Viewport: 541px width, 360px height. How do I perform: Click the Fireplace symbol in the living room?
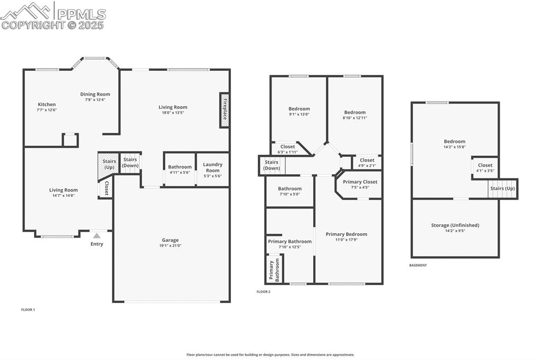tap(225, 110)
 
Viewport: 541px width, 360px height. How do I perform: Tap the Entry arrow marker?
tap(97, 236)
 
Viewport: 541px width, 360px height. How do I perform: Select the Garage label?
tap(170, 240)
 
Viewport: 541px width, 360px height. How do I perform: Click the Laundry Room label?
tap(213, 167)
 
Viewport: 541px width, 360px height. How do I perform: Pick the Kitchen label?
tap(46, 105)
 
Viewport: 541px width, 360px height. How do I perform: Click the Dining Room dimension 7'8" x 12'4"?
tap(95, 100)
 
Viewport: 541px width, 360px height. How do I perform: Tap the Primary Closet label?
tap(360, 182)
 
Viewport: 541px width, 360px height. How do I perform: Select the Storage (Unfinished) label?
tap(455, 225)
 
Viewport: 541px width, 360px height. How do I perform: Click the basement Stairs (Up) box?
tap(502, 188)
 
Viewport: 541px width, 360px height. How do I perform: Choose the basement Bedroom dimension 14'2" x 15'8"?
tap(454, 147)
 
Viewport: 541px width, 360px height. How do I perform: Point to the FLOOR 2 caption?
tap(263, 292)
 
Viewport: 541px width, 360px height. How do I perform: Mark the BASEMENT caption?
tap(418, 266)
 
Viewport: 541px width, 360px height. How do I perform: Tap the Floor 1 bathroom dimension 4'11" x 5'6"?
tap(180, 173)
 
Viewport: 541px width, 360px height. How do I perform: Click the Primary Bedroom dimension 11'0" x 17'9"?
tap(346, 240)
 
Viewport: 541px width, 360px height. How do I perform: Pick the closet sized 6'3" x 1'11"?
tap(287, 152)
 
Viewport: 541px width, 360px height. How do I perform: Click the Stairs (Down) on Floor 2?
tap(272, 165)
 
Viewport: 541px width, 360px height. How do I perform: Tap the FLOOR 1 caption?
tap(28, 310)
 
